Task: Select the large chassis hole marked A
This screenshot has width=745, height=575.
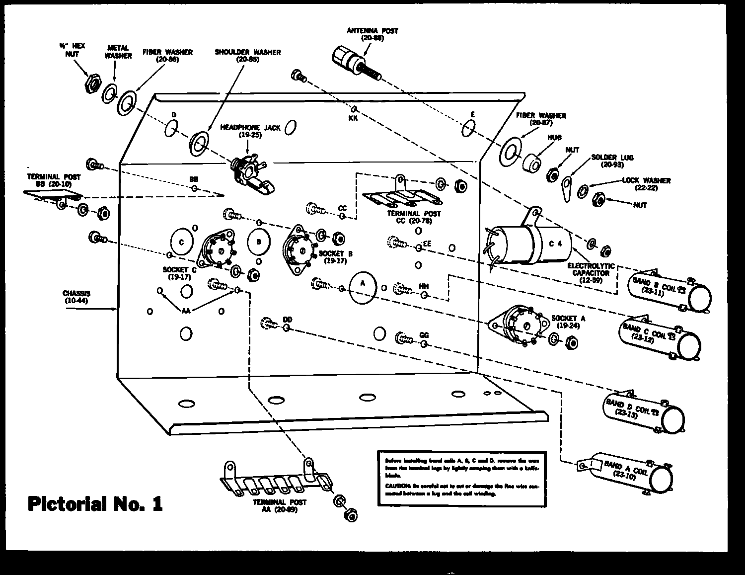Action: (362, 287)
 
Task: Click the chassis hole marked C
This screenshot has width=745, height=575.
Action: (182, 242)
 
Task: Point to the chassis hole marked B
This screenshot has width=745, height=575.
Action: (259, 242)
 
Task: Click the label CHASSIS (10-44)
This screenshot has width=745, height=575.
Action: (77, 297)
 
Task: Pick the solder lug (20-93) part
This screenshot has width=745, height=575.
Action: (566, 188)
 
